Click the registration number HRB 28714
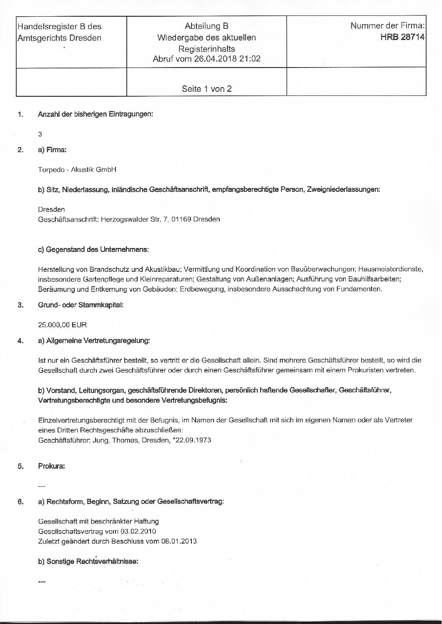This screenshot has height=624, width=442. tap(402, 38)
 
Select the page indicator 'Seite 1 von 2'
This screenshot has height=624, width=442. tap(206, 88)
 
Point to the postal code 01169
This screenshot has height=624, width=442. tap(183, 219)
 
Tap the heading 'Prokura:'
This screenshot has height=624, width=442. tap(51, 466)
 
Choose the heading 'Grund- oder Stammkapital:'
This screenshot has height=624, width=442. tap(81, 305)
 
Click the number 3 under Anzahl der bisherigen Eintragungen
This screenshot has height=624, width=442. tap(40, 134)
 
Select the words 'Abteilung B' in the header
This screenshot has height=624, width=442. tap(206, 26)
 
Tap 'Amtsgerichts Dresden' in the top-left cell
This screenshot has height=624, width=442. tap(60, 38)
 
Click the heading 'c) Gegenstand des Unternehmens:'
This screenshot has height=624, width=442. tap(93, 250)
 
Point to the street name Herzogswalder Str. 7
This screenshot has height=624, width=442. tap(133, 219)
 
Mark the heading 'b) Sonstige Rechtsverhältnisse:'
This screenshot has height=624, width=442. tap(88, 561)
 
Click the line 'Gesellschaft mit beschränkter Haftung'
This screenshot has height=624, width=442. tap(98, 521)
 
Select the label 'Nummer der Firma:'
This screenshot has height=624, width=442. tap(387, 26)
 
